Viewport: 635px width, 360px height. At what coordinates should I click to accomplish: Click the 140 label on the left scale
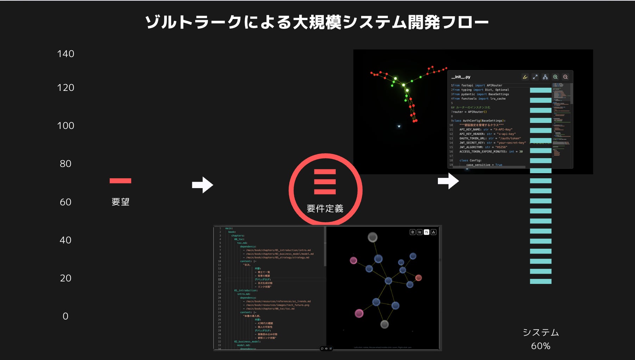tap(65, 54)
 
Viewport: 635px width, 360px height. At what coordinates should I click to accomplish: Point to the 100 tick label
tap(65, 126)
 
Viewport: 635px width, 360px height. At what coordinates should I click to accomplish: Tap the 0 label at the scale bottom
tap(65, 316)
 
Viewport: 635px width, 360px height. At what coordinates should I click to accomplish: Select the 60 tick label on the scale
tap(65, 202)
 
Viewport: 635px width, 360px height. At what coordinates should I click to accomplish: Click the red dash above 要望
tap(120, 181)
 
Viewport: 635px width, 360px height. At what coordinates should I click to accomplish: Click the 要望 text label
tap(120, 202)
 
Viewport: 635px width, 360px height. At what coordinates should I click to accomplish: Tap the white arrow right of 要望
tap(202, 185)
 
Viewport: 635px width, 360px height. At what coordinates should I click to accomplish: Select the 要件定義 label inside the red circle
tap(325, 209)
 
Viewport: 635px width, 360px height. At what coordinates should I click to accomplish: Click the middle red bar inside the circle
tap(325, 182)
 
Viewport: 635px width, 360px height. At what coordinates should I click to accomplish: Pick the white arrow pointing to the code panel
tap(448, 181)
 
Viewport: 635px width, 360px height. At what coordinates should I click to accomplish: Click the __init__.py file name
tap(461, 77)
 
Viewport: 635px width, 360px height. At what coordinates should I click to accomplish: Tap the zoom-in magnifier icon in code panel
tap(555, 77)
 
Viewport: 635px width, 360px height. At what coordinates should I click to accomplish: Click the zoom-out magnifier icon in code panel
tap(565, 77)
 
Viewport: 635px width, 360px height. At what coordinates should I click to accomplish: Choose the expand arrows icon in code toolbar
tap(535, 77)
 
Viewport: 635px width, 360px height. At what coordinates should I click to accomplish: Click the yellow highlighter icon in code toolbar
tap(525, 77)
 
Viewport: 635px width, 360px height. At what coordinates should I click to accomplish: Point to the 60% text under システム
tap(541, 346)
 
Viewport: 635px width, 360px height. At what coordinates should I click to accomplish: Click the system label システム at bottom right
tap(541, 333)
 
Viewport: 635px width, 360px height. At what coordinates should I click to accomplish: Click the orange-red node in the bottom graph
tap(419, 278)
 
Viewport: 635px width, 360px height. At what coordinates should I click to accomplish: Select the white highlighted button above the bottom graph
tap(426, 232)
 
